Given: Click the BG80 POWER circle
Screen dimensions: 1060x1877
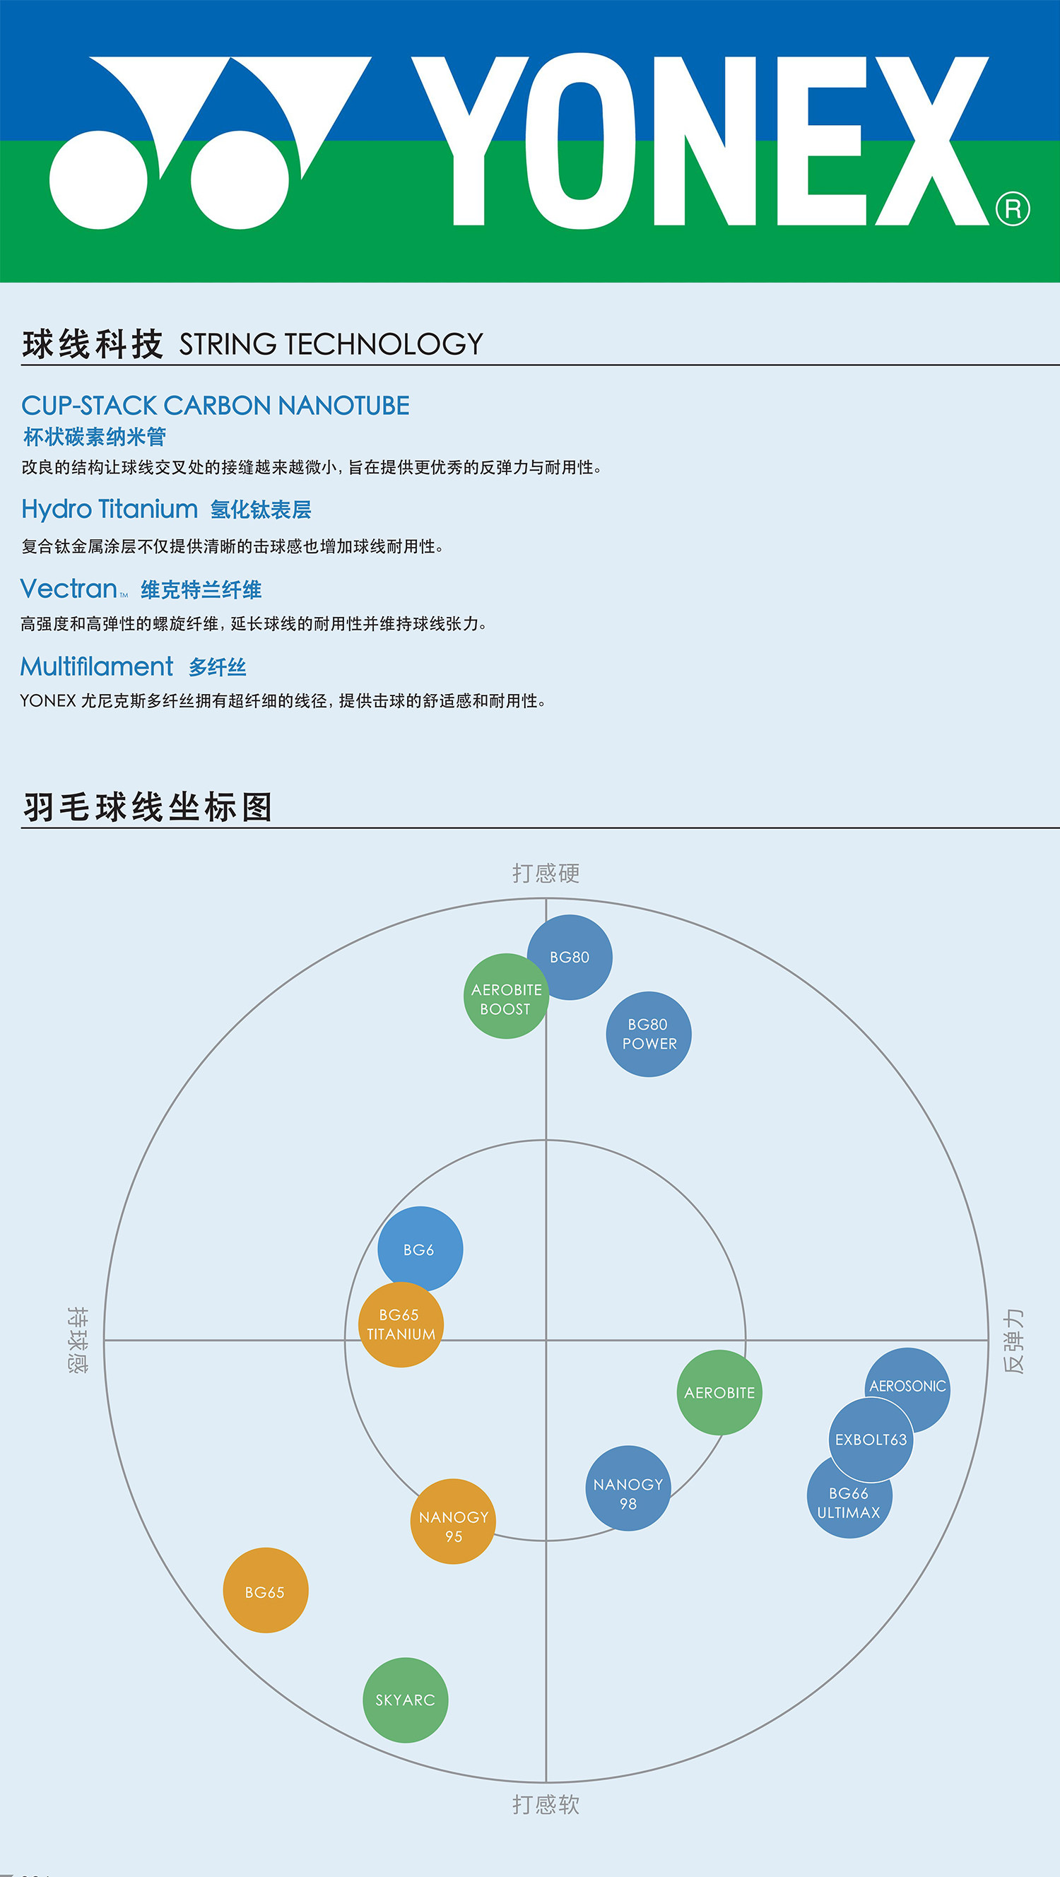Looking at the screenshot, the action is (649, 1034).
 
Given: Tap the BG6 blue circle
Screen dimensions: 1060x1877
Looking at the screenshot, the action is (419, 1248).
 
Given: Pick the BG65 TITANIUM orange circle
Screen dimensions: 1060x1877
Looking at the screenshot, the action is (401, 1325).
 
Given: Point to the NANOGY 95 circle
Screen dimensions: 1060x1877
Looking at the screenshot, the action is (453, 1522).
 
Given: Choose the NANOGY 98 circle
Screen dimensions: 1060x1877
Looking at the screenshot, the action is (628, 1488).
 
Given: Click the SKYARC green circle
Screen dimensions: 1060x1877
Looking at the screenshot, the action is (405, 1700).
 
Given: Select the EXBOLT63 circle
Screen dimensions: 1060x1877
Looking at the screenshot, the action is (871, 1439).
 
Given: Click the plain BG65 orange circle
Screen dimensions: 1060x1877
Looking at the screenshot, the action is (265, 1591).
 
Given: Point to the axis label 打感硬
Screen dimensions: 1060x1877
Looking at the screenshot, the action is (546, 873).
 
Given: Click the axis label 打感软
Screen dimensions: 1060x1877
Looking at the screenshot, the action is (546, 1804).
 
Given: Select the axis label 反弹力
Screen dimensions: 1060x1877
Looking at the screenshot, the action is (1013, 1341).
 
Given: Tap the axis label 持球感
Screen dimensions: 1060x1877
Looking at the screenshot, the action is (78, 1339).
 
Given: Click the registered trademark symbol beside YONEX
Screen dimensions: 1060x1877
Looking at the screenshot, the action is (1013, 210).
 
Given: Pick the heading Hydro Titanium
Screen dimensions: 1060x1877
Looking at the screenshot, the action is (110, 509).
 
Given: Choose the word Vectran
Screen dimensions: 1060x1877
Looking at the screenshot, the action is (69, 589).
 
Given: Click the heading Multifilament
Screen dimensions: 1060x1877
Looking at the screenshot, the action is (97, 666).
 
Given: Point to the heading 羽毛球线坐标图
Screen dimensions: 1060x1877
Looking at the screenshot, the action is (148, 806).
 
